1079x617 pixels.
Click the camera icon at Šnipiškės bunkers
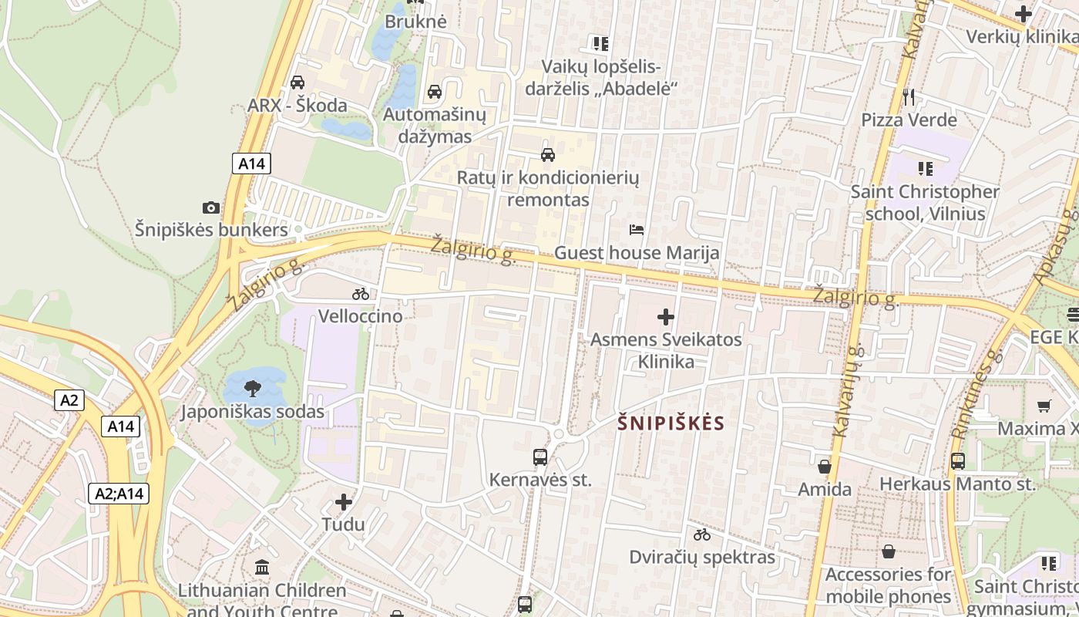click(210, 207)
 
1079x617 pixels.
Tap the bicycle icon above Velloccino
click(360, 294)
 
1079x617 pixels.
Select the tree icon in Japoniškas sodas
click(252, 388)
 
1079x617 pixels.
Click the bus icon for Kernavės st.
click(540, 457)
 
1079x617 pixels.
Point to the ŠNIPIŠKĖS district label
click(671, 423)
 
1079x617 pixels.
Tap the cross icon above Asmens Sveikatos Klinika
click(666, 316)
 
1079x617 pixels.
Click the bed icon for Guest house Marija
click(637, 230)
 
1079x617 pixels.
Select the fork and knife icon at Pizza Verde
click(909, 96)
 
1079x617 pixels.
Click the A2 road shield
click(69, 400)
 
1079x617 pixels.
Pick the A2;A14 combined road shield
click(119, 494)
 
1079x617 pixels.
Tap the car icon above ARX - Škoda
click(297, 82)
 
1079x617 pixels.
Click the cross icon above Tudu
click(344, 502)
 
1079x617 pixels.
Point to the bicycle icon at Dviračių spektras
click(701, 534)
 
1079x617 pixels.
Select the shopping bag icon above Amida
click(825, 467)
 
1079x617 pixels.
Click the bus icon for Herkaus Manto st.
click(958, 461)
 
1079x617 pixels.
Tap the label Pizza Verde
click(909, 120)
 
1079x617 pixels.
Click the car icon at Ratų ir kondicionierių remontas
click(548, 154)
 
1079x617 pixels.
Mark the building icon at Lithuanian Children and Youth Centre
click(262, 568)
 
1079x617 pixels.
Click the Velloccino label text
click(360, 316)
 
